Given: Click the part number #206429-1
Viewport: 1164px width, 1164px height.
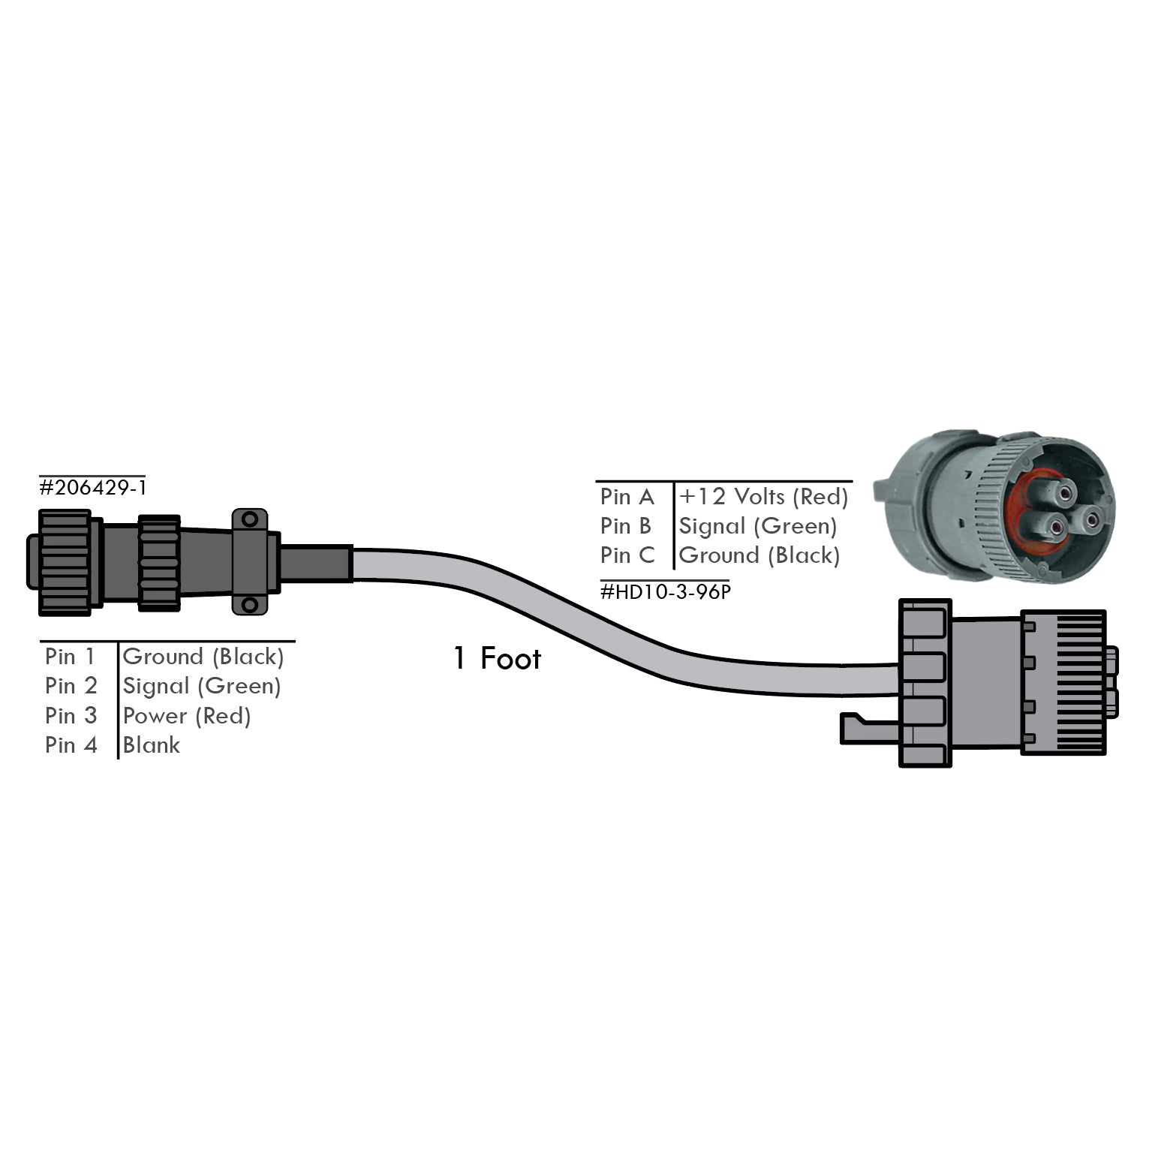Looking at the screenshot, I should [93, 488].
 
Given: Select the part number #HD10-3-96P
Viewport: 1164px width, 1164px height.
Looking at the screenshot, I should [665, 592].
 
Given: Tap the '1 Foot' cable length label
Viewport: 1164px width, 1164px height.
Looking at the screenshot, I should [497, 659].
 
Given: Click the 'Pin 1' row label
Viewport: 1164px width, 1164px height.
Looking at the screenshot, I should [71, 657].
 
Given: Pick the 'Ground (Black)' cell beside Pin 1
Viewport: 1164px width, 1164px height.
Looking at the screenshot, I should [203, 657].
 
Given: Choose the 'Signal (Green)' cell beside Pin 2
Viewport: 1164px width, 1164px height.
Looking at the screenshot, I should [201, 686].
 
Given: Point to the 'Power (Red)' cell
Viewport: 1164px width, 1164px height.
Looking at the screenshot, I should [186, 716].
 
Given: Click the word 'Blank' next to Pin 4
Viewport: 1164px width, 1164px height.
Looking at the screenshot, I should [152, 745].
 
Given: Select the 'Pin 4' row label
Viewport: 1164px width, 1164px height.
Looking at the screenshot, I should [71, 745].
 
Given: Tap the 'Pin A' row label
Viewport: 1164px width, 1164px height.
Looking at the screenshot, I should [627, 497].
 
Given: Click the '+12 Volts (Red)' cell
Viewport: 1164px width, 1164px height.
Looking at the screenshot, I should [763, 497].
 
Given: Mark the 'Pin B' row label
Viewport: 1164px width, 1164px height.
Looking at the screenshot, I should [625, 526].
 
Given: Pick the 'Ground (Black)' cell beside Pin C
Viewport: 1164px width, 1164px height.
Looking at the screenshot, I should [759, 555].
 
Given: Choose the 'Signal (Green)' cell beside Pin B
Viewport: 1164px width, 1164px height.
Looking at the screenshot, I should [757, 526].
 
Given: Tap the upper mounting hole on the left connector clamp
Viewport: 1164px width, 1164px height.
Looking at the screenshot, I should [249, 519].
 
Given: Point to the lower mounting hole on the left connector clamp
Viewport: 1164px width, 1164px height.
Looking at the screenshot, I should [249, 604].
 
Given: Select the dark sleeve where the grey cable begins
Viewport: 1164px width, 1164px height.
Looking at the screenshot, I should [315, 563].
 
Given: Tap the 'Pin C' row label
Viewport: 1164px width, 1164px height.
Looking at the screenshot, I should [627, 555].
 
